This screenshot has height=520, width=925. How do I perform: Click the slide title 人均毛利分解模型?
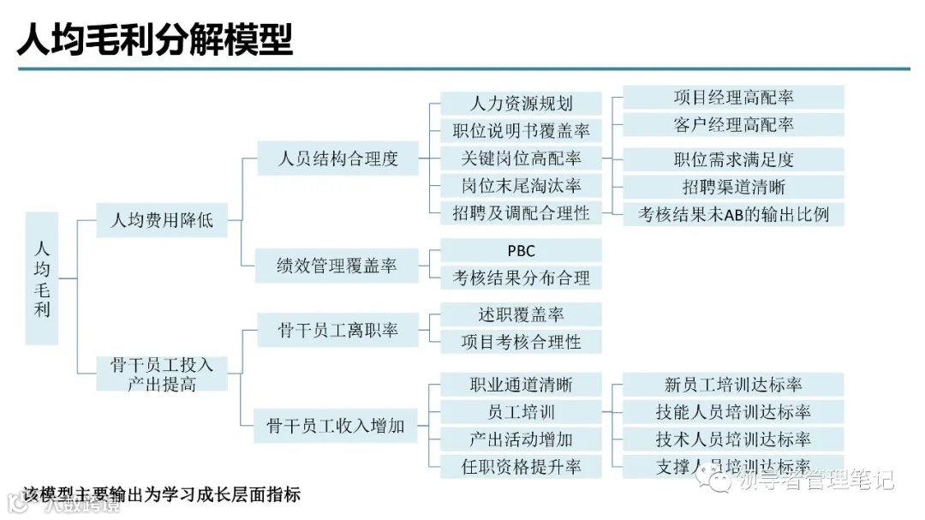click(x=155, y=38)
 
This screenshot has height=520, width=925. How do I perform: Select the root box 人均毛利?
click(x=42, y=278)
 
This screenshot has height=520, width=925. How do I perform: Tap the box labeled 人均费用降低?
click(x=162, y=220)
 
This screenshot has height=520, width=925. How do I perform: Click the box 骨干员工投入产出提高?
click(x=162, y=374)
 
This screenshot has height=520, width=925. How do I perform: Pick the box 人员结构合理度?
click(x=338, y=158)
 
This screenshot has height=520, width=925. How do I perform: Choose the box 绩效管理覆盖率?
click(x=338, y=266)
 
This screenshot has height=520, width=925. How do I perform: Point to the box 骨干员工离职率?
click(x=338, y=330)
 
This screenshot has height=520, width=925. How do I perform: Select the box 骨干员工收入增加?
click(x=338, y=425)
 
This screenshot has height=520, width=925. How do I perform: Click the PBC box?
click(x=521, y=251)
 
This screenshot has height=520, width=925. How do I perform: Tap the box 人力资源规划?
click(x=521, y=104)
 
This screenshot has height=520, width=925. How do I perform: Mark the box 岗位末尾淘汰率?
click(x=521, y=186)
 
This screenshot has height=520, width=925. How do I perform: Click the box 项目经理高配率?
click(x=733, y=98)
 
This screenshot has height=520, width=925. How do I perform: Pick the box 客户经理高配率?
click(x=733, y=125)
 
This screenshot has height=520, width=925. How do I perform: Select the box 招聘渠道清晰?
click(x=733, y=187)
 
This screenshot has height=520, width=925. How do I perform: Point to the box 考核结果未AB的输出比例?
click(x=733, y=214)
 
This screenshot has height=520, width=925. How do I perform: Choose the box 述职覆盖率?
click(x=521, y=314)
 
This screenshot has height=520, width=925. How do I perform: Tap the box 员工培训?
click(x=521, y=412)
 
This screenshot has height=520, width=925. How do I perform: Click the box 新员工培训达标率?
click(x=733, y=385)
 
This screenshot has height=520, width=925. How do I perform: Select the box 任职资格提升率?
click(x=521, y=467)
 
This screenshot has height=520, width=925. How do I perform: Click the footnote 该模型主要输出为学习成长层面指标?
click(x=162, y=494)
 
